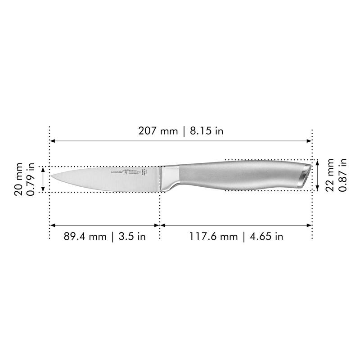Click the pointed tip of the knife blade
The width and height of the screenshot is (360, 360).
tap(50, 176)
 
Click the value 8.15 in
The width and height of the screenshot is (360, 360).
tap(206, 131)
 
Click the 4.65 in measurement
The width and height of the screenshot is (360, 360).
tap(266, 236)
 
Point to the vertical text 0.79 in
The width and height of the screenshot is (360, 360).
tap(31, 179)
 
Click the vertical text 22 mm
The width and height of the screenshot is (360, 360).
tap(330, 175)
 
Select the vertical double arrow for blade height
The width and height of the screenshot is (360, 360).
tap(43, 179)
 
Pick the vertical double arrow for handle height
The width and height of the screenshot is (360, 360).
tap(318, 175)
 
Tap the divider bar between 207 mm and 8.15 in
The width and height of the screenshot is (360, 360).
tap(183, 131)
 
